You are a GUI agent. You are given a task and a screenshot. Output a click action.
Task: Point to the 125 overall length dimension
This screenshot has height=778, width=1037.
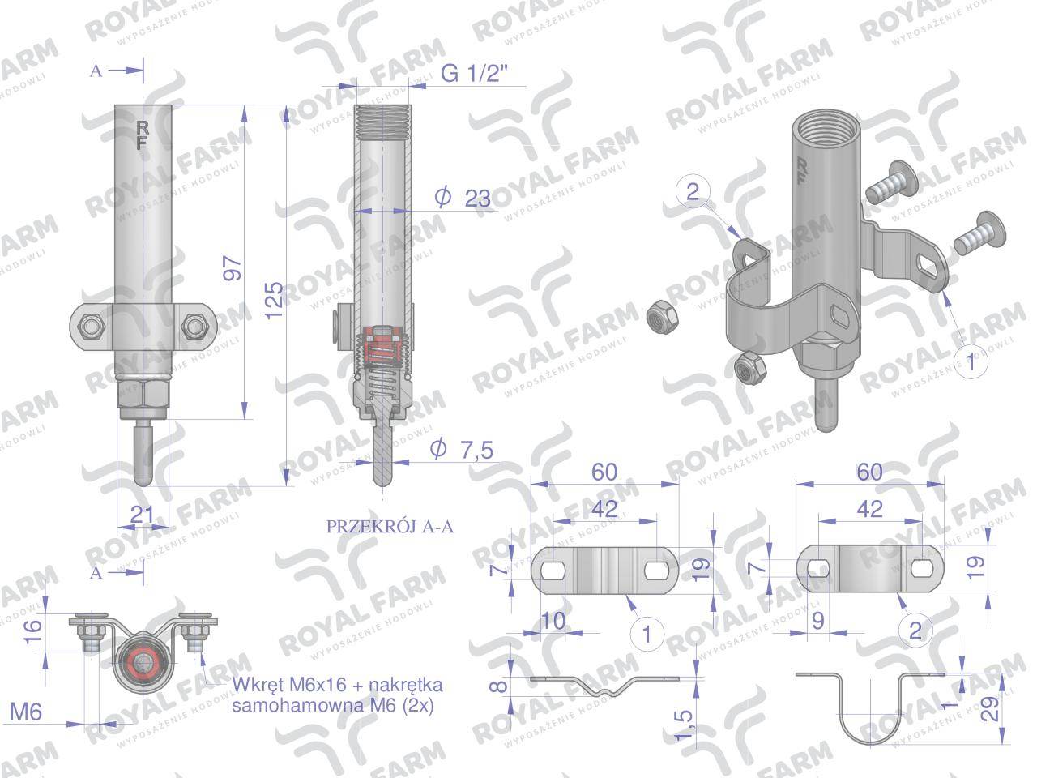[274, 301]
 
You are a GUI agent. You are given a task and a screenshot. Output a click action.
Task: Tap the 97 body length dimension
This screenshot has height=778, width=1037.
[233, 269]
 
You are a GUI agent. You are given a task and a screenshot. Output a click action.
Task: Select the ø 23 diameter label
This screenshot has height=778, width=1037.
[463, 198]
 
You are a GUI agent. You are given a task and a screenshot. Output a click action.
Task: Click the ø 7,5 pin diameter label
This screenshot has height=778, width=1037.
[462, 449]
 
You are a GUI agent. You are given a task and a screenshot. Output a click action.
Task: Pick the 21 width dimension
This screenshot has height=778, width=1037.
[142, 515]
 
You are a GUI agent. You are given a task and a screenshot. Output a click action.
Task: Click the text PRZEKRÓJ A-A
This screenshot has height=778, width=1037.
[390, 527]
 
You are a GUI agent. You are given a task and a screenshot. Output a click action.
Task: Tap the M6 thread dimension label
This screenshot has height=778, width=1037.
[26, 712]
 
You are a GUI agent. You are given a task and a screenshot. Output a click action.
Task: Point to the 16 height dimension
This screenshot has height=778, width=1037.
[32, 632]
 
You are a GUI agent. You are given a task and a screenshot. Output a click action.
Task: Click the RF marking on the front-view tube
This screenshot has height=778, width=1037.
[142, 135]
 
